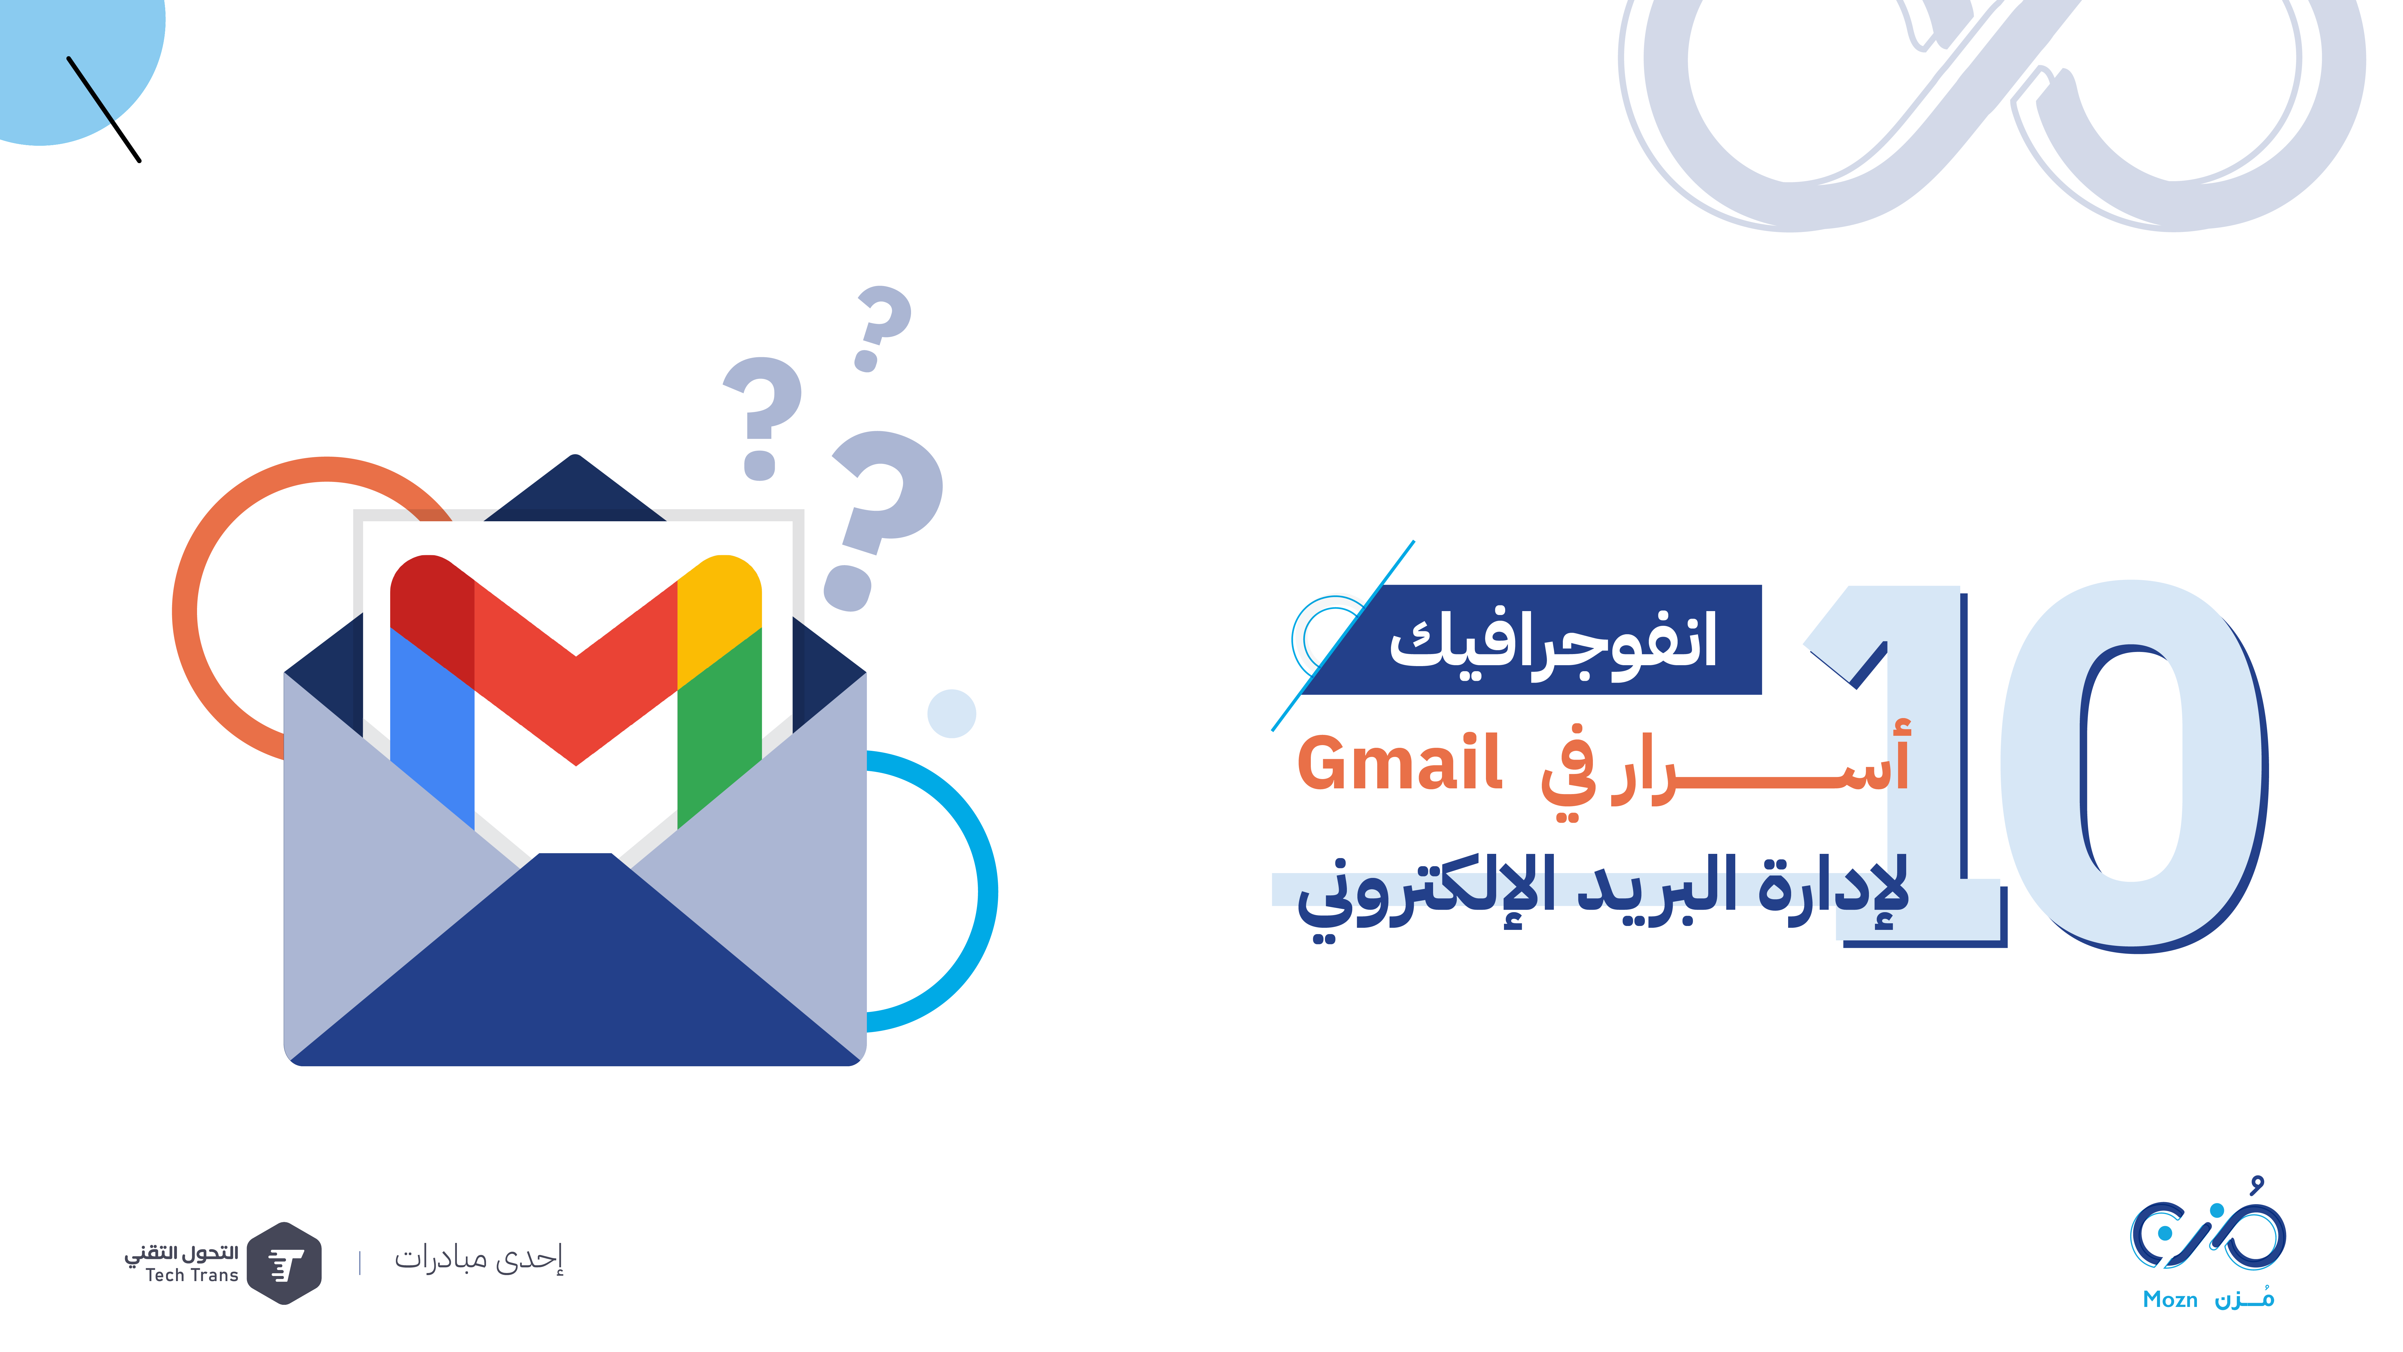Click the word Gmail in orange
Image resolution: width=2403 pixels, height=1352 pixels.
1399,762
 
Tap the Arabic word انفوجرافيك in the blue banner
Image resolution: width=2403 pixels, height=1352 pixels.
1553,640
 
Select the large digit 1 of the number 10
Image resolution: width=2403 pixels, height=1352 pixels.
1903,765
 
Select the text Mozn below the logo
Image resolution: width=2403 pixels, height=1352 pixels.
2170,1300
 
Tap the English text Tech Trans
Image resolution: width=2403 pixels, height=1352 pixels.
192,1275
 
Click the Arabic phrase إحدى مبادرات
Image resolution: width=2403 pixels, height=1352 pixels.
478,1258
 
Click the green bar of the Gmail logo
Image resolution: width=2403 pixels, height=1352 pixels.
719,728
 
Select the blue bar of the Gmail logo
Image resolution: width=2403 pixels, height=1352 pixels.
432,728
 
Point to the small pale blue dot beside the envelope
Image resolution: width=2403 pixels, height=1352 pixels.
952,714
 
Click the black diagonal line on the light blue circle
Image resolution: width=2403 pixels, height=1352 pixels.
104,109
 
